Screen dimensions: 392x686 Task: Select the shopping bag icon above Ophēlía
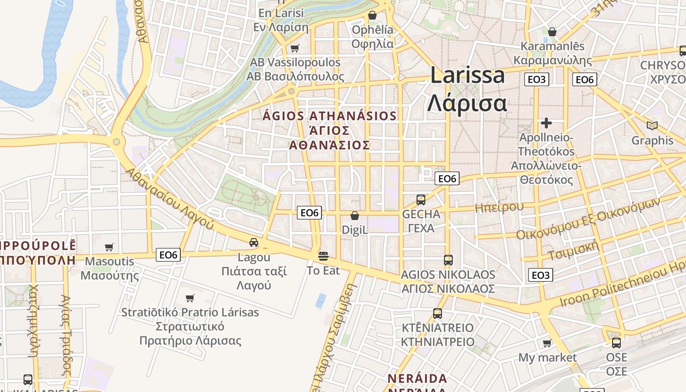[372, 15]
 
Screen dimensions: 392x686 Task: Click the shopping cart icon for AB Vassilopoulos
[294, 48]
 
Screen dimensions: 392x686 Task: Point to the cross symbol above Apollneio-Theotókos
[546, 122]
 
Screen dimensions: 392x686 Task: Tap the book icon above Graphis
[652, 126]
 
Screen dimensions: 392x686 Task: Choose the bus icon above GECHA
[421, 199]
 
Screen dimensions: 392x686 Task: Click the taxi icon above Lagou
[254, 242]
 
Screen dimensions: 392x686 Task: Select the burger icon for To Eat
[323, 255]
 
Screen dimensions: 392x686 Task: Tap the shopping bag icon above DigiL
[355, 216]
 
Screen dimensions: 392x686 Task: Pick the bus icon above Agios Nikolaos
[448, 260]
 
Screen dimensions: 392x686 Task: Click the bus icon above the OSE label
[616, 343]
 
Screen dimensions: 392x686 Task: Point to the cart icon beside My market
[547, 343]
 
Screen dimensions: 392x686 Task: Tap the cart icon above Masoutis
[109, 247]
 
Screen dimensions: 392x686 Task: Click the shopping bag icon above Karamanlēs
[552, 32]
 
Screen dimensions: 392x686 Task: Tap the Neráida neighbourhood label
[417, 379]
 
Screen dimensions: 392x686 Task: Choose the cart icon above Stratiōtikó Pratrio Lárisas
[190, 298]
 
